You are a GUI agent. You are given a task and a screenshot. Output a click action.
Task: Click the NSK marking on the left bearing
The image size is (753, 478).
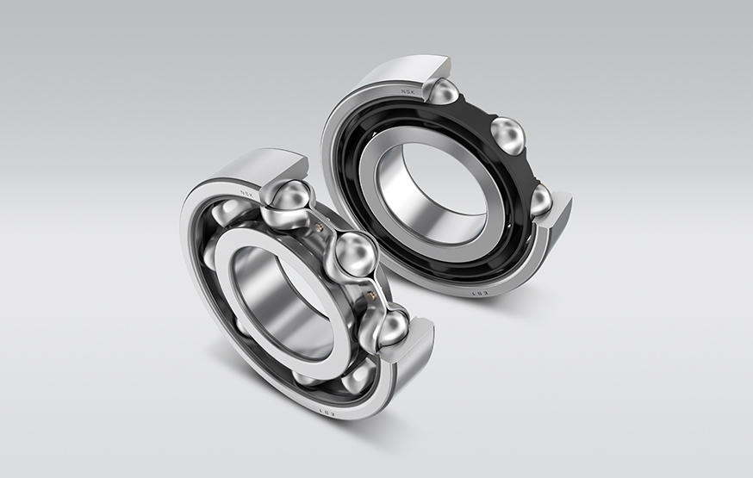(x=249, y=194)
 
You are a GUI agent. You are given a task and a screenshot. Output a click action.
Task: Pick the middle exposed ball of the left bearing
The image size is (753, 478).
(x=354, y=254)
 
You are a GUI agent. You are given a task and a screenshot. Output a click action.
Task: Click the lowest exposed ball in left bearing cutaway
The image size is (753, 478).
(x=389, y=327)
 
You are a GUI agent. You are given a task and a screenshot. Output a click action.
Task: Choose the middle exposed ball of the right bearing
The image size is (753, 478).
(x=508, y=136)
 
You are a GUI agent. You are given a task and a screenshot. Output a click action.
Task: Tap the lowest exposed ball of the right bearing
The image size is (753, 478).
(x=540, y=200)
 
